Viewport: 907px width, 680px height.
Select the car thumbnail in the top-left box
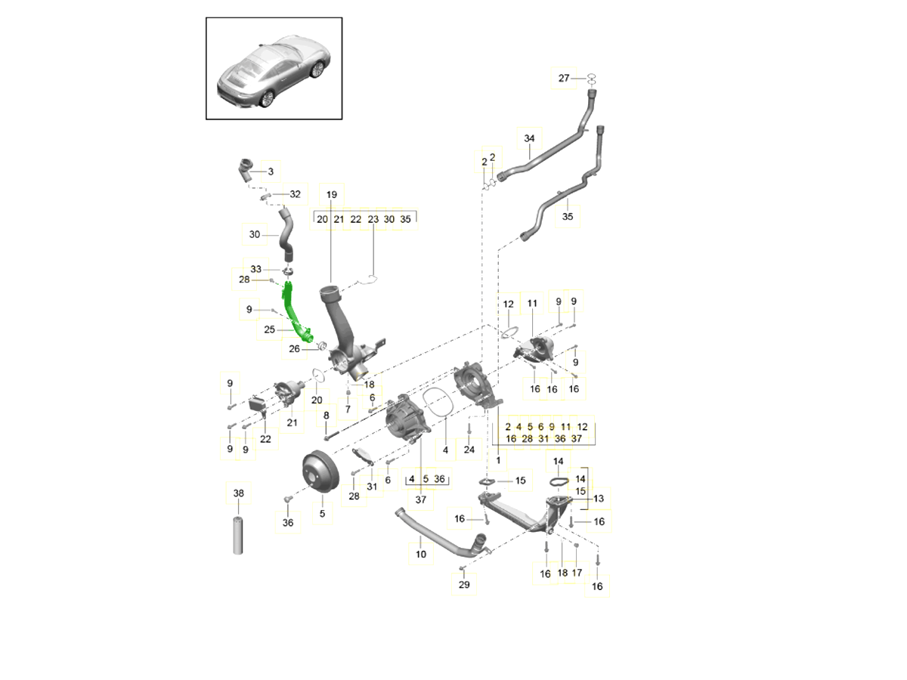(x=274, y=69)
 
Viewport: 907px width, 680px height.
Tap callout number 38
(x=239, y=493)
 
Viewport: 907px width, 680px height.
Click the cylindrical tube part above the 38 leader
(x=239, y=536)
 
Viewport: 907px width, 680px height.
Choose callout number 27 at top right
(x=564, y=79)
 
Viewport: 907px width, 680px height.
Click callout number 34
(x=529, y=138)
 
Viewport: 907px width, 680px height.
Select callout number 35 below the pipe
(x=568, y=216)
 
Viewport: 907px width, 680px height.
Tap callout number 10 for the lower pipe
(x=421, y=554)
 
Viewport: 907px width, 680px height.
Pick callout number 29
(x=464, y=585)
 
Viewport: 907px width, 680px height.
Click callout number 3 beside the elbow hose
(x=270, y=172)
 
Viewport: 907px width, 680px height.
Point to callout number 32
(x=295, y=194)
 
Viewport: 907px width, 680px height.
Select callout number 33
(x=255, y=269)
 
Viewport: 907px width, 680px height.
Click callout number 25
(x=270, y=329)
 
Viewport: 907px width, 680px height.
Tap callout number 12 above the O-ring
(x=508, y=304)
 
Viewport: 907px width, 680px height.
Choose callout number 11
(x=532, y=304)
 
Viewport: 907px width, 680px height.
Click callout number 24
(x=469, y=450)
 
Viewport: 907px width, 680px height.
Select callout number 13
(x=599, y=499)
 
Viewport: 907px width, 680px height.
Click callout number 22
(x=265, y=439)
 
